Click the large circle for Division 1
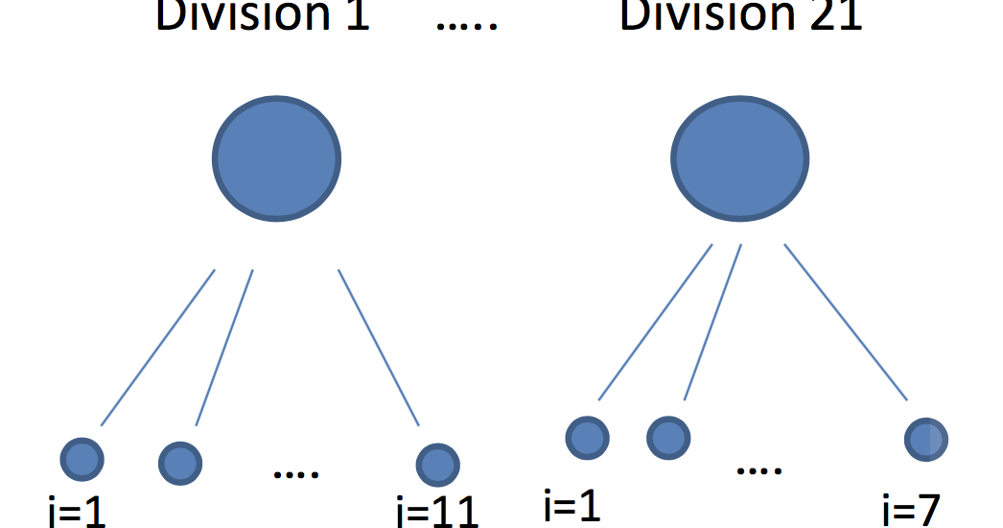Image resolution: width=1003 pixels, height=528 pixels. (x=276, y=158)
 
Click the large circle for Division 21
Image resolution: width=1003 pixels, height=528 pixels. (x=738, y=158)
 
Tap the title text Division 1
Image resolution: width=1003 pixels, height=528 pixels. (x=263, y=17)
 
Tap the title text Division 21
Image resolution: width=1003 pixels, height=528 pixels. (x=740, y=17)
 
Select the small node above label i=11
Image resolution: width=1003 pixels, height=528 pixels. (x=437, y=464)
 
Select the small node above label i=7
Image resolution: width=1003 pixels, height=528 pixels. (x=926, y=439)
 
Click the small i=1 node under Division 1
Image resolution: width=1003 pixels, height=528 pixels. (x=82, y=458)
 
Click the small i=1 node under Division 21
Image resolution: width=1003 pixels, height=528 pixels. (x=587, y=438)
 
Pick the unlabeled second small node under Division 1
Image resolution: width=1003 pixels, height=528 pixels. (x=179, y=464)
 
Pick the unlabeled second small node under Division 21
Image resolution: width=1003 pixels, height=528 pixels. (x=667, y=438)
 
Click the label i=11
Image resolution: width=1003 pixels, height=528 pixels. (x=437, y=511)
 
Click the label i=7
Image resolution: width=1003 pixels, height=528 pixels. (x=911, y=508)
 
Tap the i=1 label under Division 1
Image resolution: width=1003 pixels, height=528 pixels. (x=77, y=513)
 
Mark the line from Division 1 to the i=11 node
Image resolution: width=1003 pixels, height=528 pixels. (x=379, y=348)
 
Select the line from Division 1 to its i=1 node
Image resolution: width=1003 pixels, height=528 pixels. (x=157, y=348)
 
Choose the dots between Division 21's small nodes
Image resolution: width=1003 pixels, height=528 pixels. (x=759, y=470)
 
